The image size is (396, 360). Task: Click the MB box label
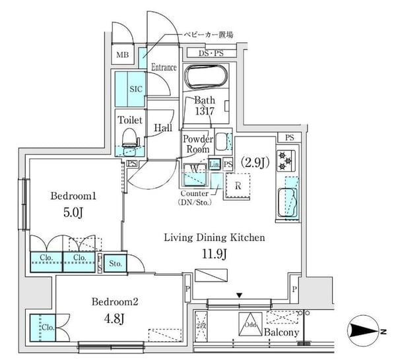(x=123, y=55)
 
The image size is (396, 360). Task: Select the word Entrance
(x=164, y=67)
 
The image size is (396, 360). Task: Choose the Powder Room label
(x=197, y=144)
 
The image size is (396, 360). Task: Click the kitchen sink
(x=288, y=201)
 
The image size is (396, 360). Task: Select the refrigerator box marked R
(x=237, y=185)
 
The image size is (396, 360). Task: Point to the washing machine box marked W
(x=194, y=169)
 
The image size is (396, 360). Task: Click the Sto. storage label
(x=115, y=264)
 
